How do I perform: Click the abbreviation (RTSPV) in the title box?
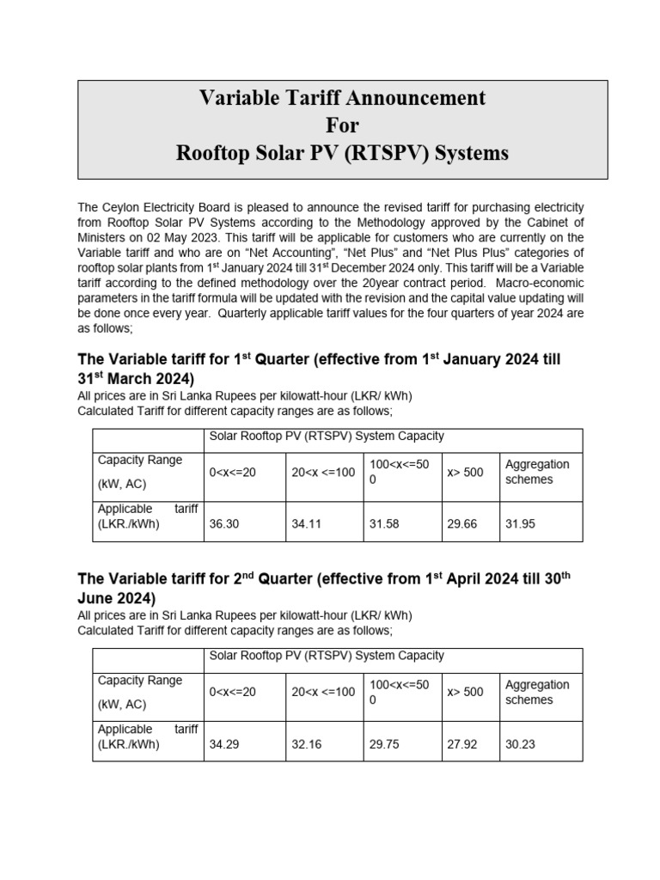[389, 153]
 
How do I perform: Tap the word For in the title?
[342, 125]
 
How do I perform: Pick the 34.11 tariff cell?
[306, 523]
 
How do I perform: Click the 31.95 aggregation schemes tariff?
[520, 523]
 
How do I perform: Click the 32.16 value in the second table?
[306, 744]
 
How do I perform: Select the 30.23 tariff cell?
[520, 744]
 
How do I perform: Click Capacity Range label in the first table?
[140, 460]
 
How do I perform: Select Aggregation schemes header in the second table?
[537, 692]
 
